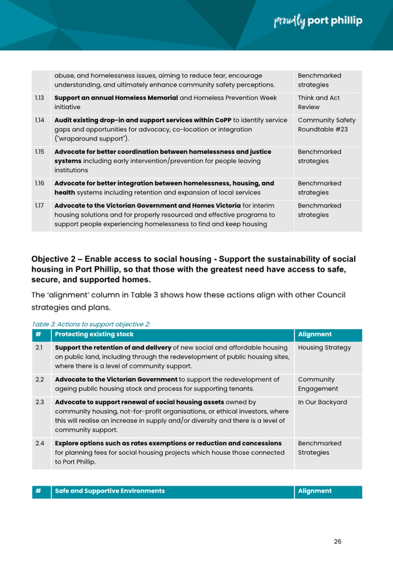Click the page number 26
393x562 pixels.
(338, 541)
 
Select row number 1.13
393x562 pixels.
(39, 98)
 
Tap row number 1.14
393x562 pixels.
(39, 119)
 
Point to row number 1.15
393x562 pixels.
(39, 152)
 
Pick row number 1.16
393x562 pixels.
(39, 184)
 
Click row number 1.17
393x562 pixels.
(39, 205)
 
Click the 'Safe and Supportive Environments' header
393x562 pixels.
(110, 491)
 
